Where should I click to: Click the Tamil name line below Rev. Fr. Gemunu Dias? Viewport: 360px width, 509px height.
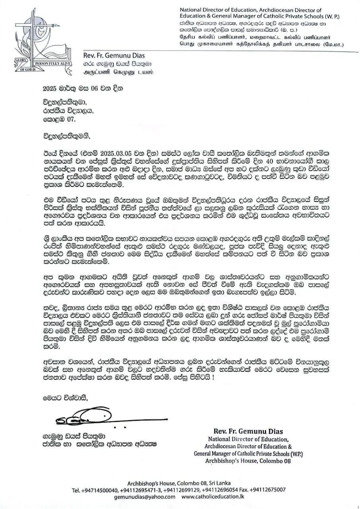(x=118, y=72)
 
